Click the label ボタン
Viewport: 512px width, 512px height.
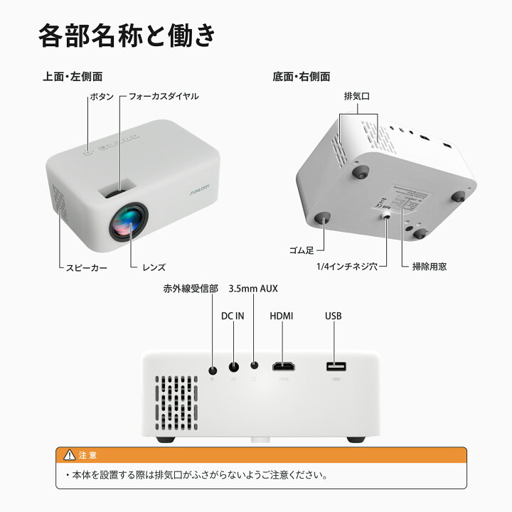pos(101,96)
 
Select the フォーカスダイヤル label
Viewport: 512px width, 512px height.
pos(159,96)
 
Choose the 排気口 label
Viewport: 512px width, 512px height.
pos(357,96)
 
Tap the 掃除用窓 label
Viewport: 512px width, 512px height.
pos(430,267)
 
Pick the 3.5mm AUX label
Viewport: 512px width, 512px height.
pos(253,289)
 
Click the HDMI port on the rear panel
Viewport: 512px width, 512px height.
pos(285,367)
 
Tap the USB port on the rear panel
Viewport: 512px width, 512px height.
pos(336,367)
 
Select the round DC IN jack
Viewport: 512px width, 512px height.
pos(233,368)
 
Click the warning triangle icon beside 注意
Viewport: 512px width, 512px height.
pos(69,454)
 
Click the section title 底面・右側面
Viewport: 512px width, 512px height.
pos(302,76)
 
